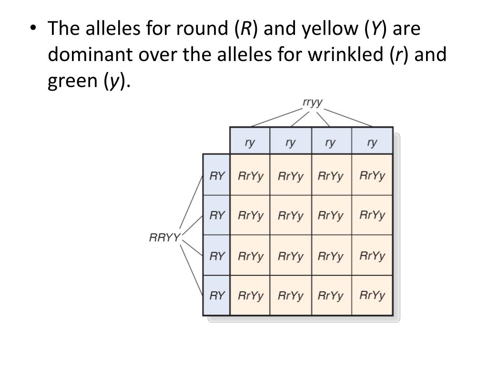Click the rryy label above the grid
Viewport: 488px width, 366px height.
tap(313, 102)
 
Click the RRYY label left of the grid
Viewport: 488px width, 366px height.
tap(164, 237)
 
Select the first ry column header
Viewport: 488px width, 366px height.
tap(250, 142)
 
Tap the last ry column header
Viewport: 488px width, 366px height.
tap(372, 142)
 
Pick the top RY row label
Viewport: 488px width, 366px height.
tap(217, 175)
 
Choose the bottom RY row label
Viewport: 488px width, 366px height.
tap(217, 295)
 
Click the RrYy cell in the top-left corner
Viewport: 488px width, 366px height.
tap(250, 176)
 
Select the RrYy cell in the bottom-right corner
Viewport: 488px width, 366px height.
tap(372, 295)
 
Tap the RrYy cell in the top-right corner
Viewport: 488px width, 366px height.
tap(372, 176)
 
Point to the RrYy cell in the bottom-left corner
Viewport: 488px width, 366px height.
tap(250, 296)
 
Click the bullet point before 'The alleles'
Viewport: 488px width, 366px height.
tap(32, 29)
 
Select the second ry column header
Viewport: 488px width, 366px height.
tap(290, 142)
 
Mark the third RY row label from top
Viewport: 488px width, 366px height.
tap(217, 256)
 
